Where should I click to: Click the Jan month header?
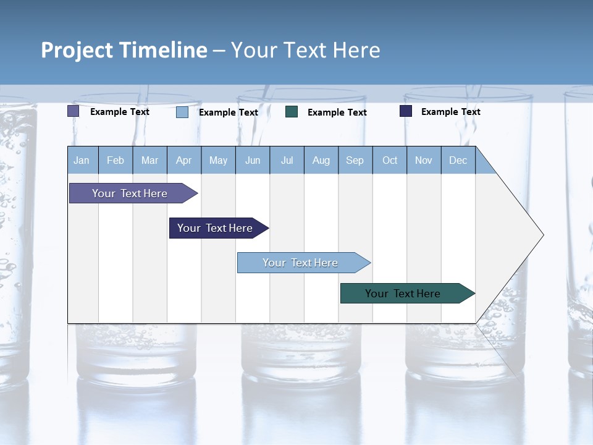coord(82,160)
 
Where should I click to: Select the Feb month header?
coord(116,160)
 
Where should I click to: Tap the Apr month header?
coord(183,160)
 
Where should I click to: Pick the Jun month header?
coord(253,160)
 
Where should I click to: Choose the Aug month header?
coord(321,160)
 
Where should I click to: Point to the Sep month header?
coord(355,160)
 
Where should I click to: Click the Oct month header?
coord(390,160)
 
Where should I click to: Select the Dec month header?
coord(458,160)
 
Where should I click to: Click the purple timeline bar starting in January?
coord(130,193)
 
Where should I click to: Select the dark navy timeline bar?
coord(215,228)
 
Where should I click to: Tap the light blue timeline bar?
coord(300,263)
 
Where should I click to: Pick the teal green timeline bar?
coord(403,294)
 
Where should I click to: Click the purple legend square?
coord(73,111)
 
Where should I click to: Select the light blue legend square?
coord(182,112)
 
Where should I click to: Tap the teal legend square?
coord(292,112)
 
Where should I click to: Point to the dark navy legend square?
coord(406,111)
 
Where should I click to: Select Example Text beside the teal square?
coord(337,112)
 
